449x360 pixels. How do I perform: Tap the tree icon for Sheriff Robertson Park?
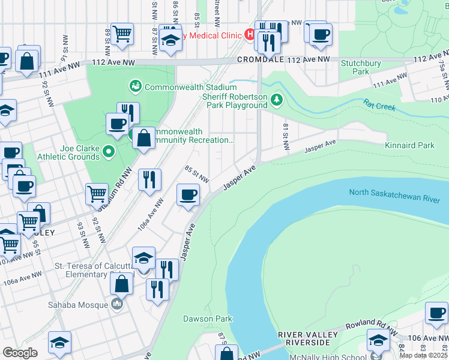click(277, 99)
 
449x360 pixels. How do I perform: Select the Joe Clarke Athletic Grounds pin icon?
click(109, 151)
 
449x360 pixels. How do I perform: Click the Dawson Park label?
click(199, 319)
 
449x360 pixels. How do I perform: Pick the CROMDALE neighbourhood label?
click(259, 59)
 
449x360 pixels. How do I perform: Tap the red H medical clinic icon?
click(249, 35)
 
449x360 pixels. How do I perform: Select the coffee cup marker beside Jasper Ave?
click(188, 195)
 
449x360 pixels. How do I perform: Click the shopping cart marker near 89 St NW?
click(122, 34)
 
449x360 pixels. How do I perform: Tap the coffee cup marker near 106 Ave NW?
click(436, 313)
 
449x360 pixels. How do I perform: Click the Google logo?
click(20, 353)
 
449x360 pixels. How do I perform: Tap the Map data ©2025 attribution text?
click(423, 356)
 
